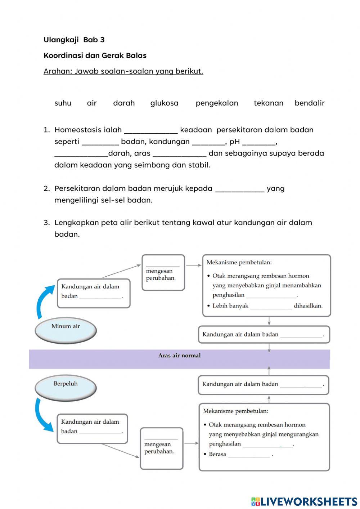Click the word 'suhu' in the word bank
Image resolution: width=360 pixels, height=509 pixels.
63,103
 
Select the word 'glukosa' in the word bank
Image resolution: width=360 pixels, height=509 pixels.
164,103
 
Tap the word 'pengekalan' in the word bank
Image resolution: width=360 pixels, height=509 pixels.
217,103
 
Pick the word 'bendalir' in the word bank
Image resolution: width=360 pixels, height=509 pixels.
310,103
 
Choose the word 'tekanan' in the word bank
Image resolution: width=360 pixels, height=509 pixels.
269,103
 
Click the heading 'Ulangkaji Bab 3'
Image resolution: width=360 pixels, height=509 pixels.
74,40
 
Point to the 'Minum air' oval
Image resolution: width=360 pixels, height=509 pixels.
66,329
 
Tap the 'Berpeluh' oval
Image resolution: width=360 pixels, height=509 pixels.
66,387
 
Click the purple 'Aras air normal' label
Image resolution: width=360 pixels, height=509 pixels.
179,356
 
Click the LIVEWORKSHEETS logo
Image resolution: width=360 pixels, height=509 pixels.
304,501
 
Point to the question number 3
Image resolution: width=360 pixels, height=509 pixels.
46,223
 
